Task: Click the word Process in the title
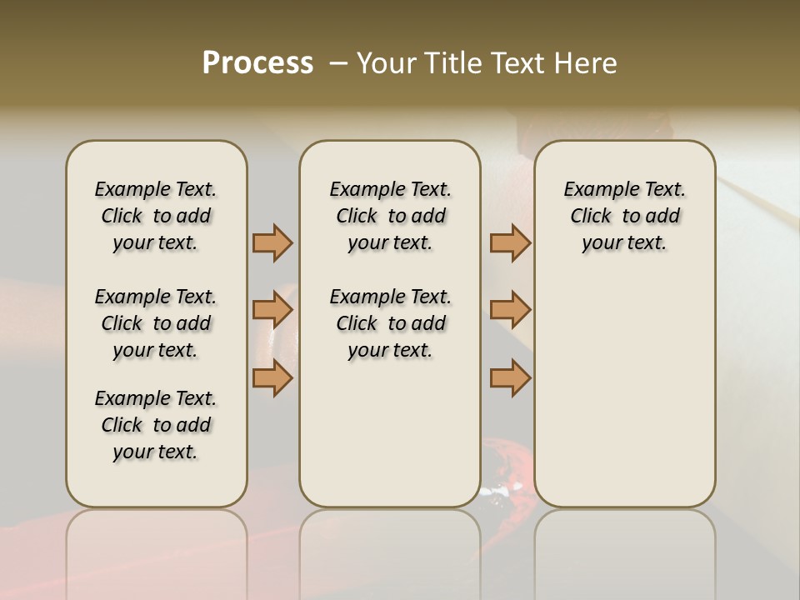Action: point(257,63)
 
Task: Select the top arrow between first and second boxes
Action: point(272,242)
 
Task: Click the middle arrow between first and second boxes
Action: point(272,311)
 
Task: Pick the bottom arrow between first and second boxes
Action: point(272,379)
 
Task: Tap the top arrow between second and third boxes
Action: point(510,242)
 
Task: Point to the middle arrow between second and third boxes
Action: point(510,311)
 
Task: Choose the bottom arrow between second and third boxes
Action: point(510,379)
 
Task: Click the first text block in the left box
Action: point(156,216)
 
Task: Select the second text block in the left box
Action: point(156,323)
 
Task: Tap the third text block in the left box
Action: point(156,425)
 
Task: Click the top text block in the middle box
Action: point(390,216)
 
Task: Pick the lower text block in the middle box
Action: point(390,323)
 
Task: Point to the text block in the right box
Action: point(624,216)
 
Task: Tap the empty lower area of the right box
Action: point(624,392)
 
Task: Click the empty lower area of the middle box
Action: point(390,433)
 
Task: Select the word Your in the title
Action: point(382,63)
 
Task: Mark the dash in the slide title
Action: point(338,63)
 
